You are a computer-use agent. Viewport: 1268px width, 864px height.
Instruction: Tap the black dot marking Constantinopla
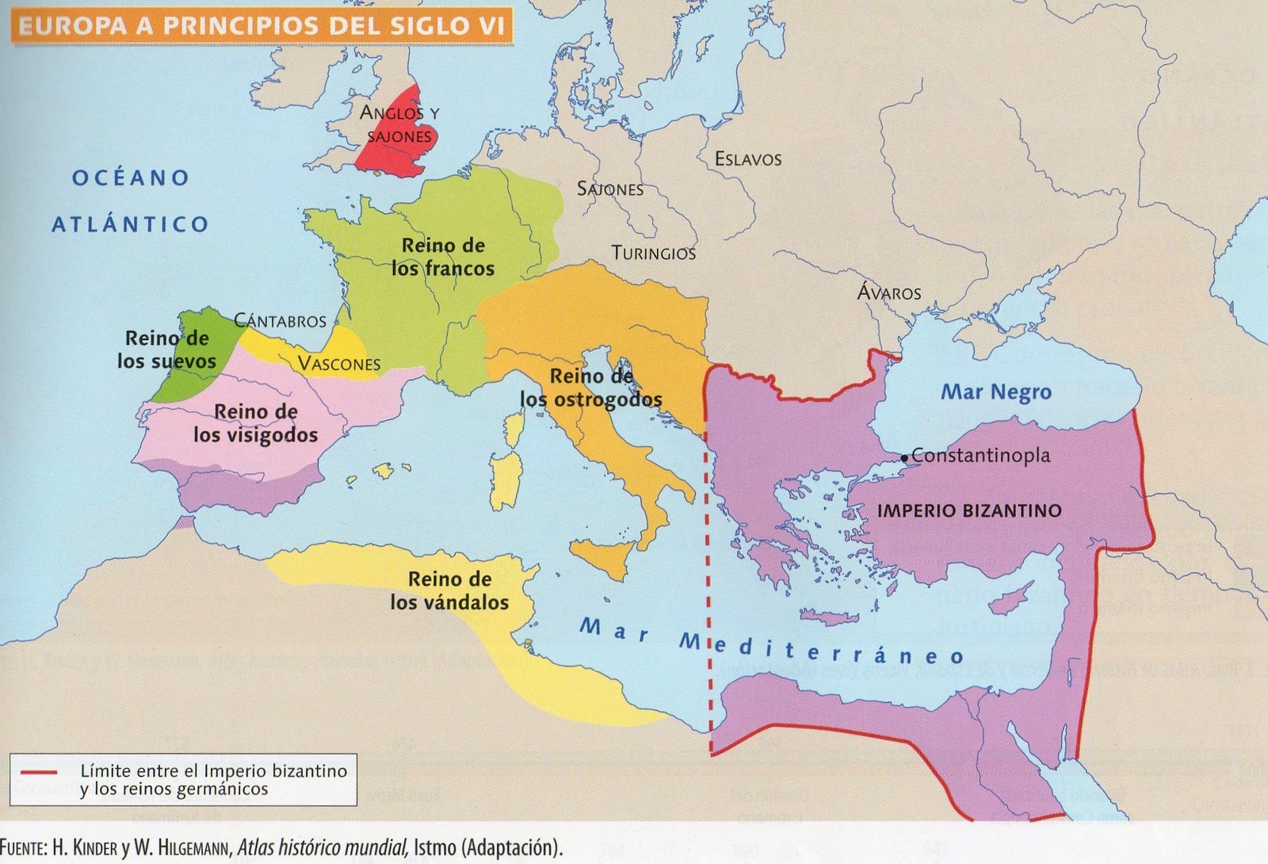point(904,458)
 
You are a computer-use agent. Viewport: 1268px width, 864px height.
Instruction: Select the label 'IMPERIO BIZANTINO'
point(968,511)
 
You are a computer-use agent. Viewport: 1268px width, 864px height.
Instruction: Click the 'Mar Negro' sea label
point(995,392)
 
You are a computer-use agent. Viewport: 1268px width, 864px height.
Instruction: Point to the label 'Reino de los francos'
point(442,257)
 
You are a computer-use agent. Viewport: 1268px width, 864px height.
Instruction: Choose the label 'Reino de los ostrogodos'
point(590,388)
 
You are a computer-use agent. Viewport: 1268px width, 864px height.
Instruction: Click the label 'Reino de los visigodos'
point(255,423)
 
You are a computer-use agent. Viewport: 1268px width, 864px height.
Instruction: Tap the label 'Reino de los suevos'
point(166,350)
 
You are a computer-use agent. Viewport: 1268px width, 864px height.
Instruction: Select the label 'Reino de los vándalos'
point(449,591)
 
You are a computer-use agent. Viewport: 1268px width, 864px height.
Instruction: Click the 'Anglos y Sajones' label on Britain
point(399,124)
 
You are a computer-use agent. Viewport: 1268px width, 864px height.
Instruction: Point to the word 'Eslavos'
point(747,159)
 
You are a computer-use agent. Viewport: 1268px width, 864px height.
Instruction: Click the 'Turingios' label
point(653,254)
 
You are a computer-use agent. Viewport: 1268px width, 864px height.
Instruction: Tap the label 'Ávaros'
point(889,292)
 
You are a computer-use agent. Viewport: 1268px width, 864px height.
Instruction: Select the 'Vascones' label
point(338,364)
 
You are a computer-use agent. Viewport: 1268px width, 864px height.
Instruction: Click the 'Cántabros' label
point(280,321)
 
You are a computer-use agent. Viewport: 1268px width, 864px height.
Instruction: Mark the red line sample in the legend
point(40,771)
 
